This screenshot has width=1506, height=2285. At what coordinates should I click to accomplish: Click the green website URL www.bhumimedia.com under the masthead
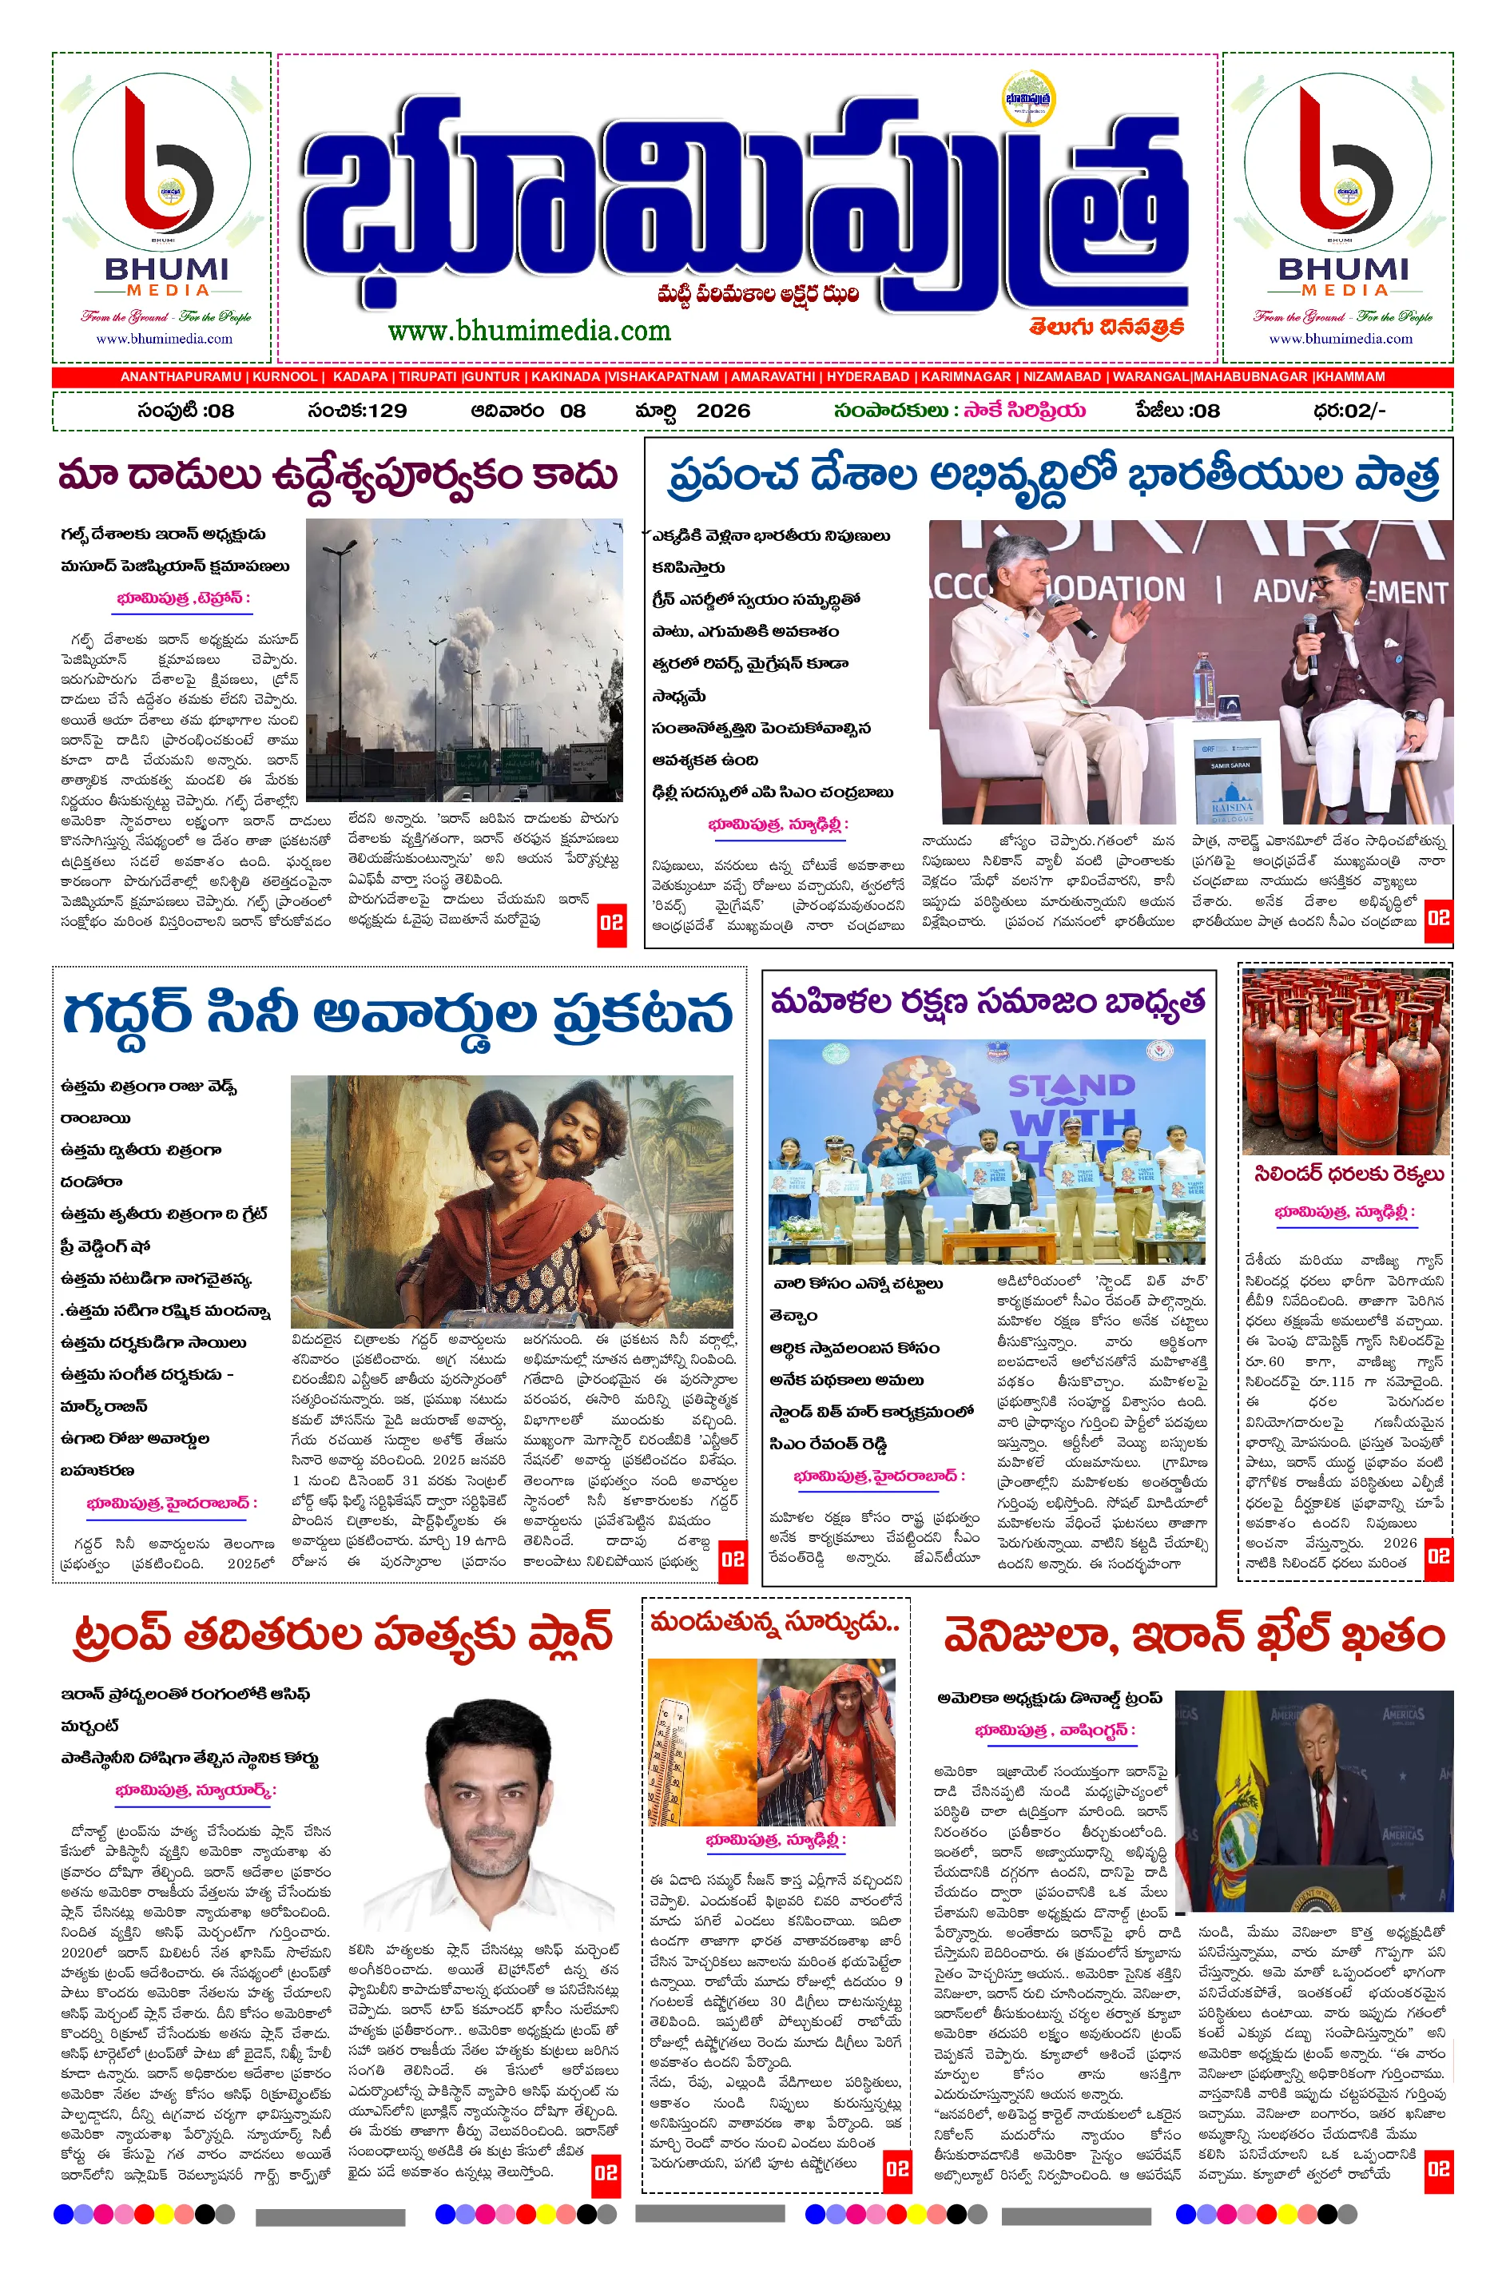coord(529,332)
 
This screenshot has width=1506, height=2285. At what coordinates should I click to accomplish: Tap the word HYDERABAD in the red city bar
coord(868,377)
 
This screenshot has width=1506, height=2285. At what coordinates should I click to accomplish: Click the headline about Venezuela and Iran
coord(1194,1635)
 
